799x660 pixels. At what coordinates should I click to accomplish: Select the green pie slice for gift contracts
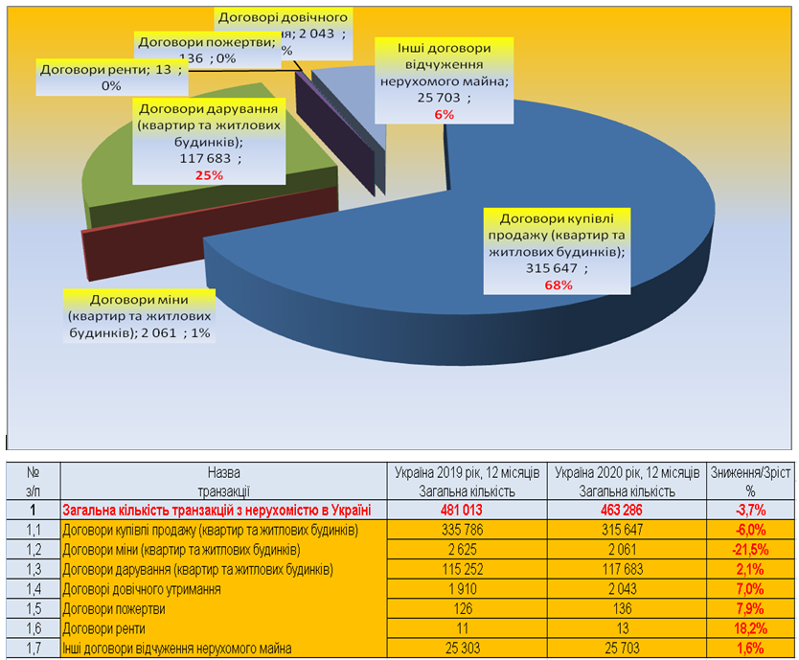pyautogui.click(x=192, y=192)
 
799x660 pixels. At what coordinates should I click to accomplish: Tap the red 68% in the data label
pyautogui.click(x=558, y=284)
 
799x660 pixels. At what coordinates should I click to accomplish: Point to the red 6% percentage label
pyautogui.click(x=443, y=114)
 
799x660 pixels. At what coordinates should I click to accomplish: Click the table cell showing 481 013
pyautogui.click(x=468, y=511)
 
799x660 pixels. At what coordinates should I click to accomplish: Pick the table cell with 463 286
pyautogui.click(x=628, y=511)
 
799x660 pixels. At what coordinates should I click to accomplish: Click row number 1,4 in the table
pyautogui.click(x=34, y=589)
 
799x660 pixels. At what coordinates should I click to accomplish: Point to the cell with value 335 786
pyautogui.click(x=468, y=531)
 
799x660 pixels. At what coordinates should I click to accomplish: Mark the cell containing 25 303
pyautogui.click(x=468, y=649)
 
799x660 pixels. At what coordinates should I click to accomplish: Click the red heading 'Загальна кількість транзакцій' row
pyautogui.click(x=217, y=511)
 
